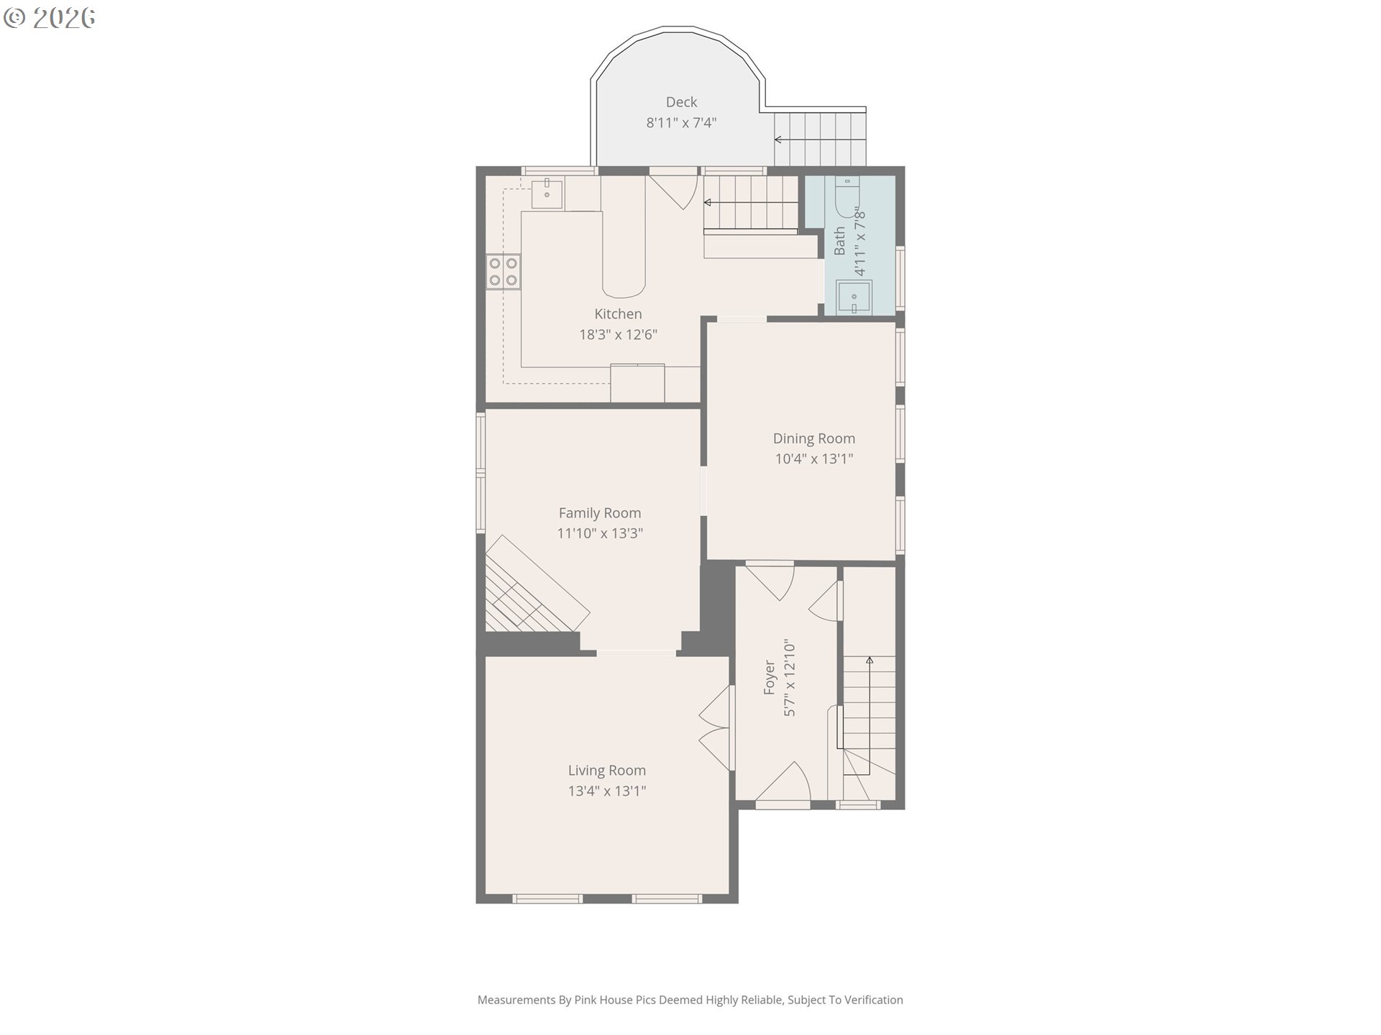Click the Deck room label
point(681,102)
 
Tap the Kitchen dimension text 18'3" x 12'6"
point(619,334)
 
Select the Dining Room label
point(814,438)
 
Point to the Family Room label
point(600,513)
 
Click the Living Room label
point(607,770)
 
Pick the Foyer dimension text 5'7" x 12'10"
point(790,678)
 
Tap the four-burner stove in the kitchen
point(503,272)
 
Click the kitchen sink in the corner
point(547,193)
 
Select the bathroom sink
point(854,298)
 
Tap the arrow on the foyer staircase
point(869,716)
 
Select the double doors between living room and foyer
point(716,729)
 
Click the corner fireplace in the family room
point(532,589)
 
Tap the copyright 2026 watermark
point(49,18)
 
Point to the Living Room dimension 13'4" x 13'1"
point(607,791)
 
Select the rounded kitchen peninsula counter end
point(624,284)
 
